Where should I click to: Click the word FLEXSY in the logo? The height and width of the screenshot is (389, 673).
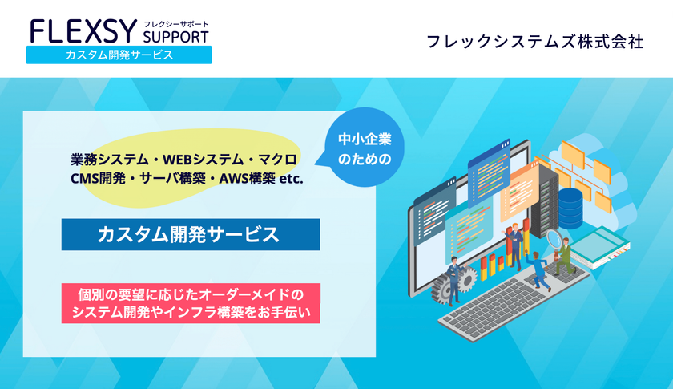83,32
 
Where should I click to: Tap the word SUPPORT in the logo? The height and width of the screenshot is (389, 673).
176,37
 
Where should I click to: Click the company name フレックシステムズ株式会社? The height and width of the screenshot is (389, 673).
535,43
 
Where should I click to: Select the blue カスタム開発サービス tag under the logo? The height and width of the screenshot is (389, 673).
119,55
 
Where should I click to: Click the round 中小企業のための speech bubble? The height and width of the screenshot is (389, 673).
364,148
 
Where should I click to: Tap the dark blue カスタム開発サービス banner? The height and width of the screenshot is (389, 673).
191,235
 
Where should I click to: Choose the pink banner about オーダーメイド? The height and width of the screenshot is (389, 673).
191,303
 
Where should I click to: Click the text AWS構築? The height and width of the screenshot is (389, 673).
248,179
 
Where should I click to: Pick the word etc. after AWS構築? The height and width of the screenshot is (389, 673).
292,179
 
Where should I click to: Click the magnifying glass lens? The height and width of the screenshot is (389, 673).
554,237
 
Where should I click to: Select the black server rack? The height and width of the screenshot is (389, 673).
544,202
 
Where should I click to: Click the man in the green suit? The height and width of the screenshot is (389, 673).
564,257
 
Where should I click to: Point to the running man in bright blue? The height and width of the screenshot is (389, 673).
537,271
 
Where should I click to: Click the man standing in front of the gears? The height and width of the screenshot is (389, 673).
453,280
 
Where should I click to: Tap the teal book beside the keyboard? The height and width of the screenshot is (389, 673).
599,247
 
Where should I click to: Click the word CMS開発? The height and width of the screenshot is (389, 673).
98,179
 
